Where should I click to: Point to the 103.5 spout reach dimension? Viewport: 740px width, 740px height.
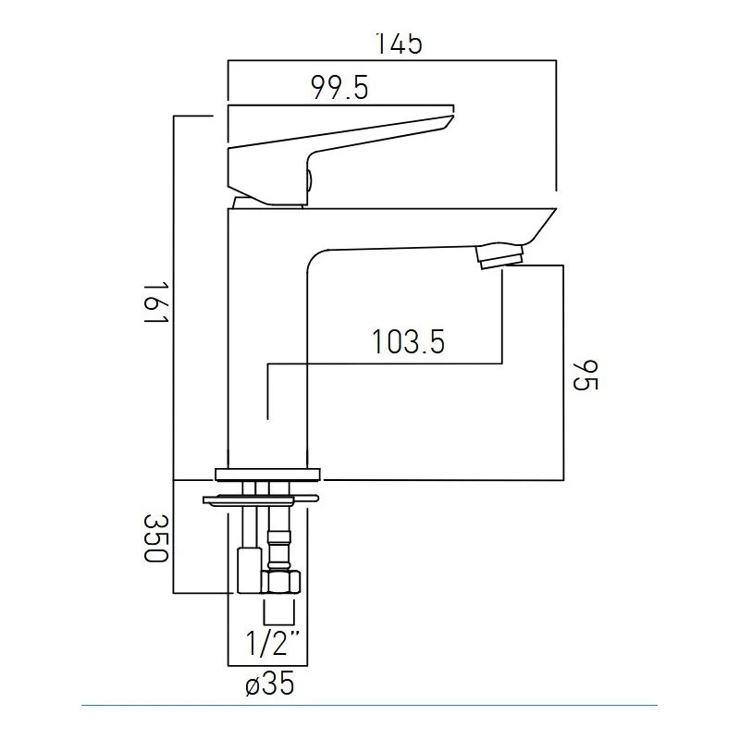click(x=408, y=342)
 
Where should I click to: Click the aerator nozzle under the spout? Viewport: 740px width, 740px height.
click(x=500, y=254)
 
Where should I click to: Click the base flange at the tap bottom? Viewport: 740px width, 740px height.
click(x=268, y=474)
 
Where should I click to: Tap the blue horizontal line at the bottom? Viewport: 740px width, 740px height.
click(x=370, y=705)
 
